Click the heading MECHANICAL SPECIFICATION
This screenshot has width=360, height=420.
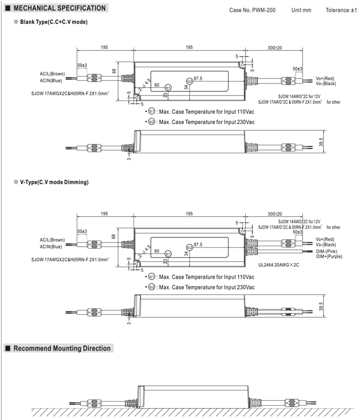click(x=59, y=8)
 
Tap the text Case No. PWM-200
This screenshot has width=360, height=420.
click(x=252, y=10)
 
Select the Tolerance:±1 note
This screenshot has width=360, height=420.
click(x=341, y=10)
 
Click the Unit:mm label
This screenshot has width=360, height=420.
click(x=301, y=10)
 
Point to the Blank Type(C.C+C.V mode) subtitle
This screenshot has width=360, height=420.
click(x=54, y=22)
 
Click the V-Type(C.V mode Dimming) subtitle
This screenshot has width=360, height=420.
click(x=54, y=182)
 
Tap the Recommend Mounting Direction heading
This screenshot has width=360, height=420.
click(x=62, y=348)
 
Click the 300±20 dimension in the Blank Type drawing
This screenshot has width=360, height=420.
click(x=275, y=47)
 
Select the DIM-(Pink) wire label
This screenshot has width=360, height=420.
click(x=326, y=251)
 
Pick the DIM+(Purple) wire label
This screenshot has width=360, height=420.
click(x=329, y=256)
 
